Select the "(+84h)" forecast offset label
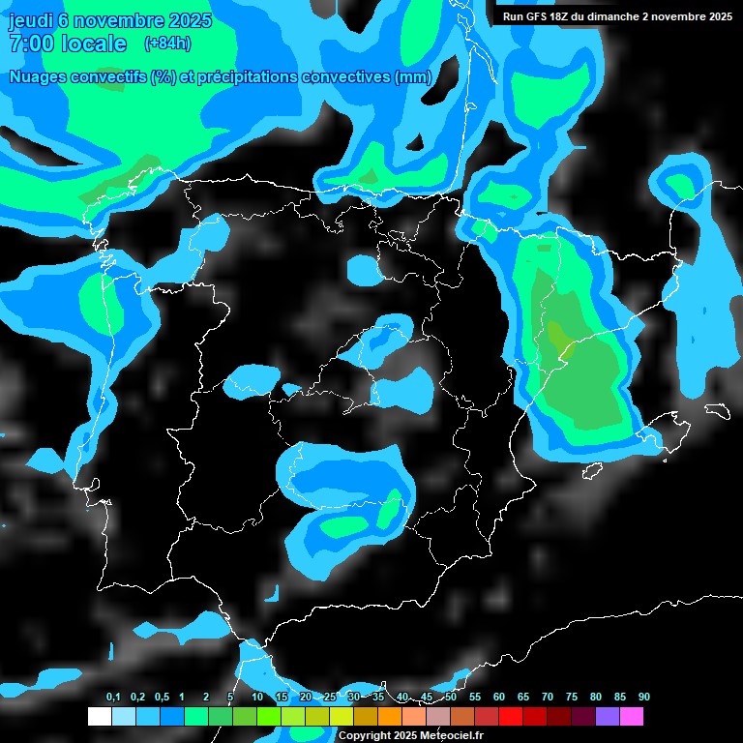point(167,43)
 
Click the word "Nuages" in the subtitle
point(41,77)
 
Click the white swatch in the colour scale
point(100,717)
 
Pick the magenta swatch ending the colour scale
point(631,717)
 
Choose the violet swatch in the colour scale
point(607,717)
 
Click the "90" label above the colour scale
point(644,697)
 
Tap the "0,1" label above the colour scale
point(113,697)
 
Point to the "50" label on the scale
point(451,697)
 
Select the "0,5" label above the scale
point(161,697)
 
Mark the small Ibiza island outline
point(591,471)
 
